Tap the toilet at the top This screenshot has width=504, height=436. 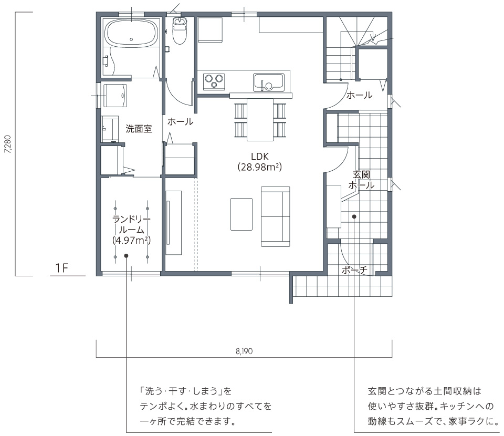coord(180,30)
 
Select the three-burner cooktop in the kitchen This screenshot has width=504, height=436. coord(214,81)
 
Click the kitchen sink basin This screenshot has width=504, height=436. coord(268,82)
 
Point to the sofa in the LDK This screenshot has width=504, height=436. coord(276,216)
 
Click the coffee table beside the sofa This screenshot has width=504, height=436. coord(241,214)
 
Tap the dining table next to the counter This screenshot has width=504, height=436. coord(260,119)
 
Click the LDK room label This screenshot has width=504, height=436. coord(260,157)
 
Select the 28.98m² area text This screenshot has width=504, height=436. coord(260,167)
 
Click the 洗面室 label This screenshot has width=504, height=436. coord(139,129)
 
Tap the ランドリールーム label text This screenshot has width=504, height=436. coord(131,224)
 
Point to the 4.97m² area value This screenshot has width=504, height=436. coord(132,240)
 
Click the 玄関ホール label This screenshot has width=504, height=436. coord(361,180)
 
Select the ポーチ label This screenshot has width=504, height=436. coord(354,270)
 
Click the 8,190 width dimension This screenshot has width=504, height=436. coord(244,351)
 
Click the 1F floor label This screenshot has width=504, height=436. coord(62,268)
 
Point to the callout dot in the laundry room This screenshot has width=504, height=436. coord(127,256)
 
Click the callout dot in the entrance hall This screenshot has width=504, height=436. coord(354,217)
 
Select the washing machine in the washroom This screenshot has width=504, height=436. coord(115,96)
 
